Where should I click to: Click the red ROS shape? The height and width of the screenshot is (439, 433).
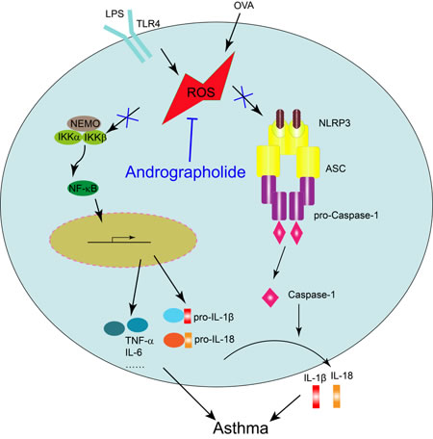(200, 92)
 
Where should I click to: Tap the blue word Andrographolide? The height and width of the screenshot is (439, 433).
(186, 171)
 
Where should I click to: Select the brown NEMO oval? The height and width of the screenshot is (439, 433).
(84, 123)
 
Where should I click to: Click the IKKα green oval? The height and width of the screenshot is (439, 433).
(68, 138)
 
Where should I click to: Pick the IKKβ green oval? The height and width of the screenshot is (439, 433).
(95, 138)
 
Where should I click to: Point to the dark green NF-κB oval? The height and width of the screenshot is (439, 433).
(83, 189)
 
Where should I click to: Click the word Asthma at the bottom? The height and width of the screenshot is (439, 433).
(241, 427)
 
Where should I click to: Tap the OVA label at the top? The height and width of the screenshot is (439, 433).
(243, 6)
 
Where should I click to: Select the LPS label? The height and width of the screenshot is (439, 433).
(115, 13)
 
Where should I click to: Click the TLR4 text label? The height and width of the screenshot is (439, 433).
(148, 24)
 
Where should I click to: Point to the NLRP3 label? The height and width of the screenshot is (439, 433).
(335, 123)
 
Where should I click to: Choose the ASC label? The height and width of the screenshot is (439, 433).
(336, 168)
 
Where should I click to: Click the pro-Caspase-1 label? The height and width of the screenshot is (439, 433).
(346, 215)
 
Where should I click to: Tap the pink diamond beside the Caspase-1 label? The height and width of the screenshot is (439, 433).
(270, 297)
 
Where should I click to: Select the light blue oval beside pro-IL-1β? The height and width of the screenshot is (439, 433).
(173, 316)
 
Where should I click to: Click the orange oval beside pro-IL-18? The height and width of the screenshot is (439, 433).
(174, 340)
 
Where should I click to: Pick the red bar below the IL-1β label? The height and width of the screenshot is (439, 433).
(317, 397)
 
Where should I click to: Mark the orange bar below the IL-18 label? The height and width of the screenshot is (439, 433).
(337, 397)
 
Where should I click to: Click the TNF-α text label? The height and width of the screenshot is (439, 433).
(140, 341)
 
